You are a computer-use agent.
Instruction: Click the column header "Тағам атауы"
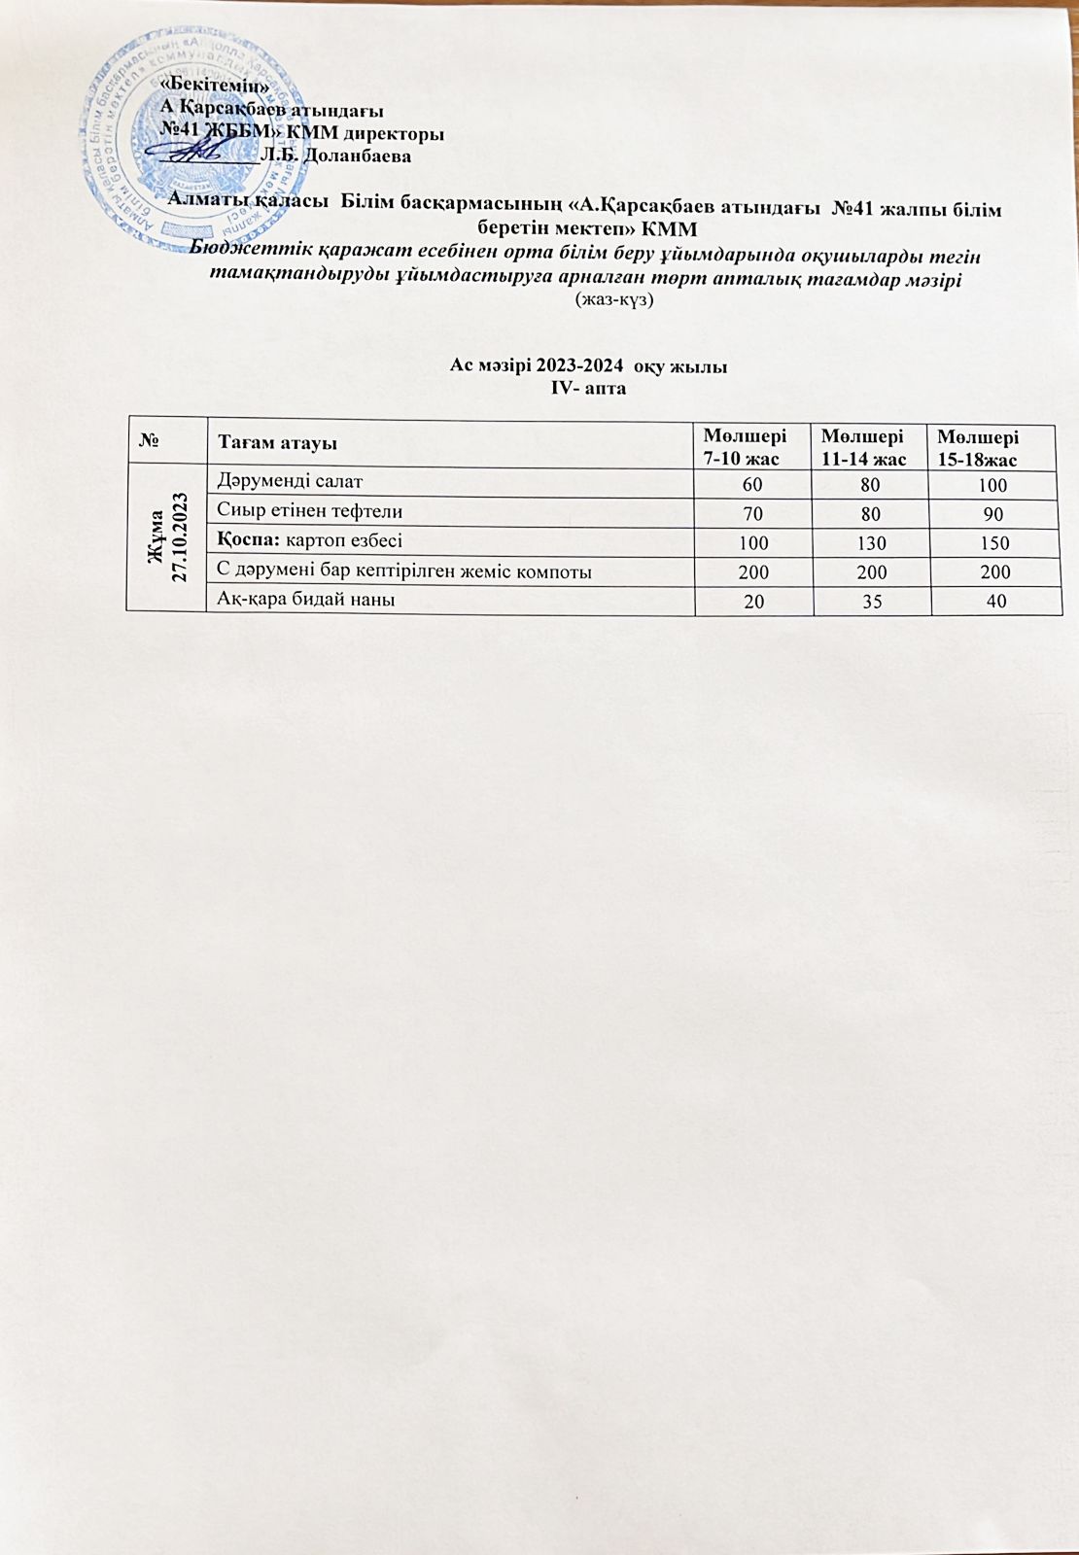[x=278, y=444]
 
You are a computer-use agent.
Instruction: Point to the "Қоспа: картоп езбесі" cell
[x=310, y=540]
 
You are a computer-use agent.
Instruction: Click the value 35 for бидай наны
[x=871, y=603]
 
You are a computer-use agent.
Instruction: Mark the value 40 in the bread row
[x=995, y=603]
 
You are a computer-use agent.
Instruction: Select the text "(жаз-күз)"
[x=614, y=300]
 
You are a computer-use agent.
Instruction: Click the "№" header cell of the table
[x=150, y=443]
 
